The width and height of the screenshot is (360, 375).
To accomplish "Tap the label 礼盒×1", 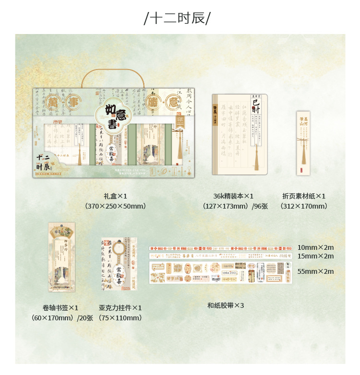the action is click(115, 196).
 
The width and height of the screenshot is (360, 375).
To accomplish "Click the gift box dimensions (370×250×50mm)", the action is click(115, 206).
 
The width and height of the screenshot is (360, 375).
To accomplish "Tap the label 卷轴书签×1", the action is click(60, 308).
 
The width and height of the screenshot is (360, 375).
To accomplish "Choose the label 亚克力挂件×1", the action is click(120, 308).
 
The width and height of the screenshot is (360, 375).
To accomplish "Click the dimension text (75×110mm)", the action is click(120, 318).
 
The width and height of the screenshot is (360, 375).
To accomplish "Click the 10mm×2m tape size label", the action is click(315, 247).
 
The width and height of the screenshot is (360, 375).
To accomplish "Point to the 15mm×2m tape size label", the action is click(315, 256).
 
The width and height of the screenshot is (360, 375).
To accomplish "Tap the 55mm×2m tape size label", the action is click(315, 271).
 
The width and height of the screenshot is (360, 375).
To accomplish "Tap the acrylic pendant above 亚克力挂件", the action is click(119, 264).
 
